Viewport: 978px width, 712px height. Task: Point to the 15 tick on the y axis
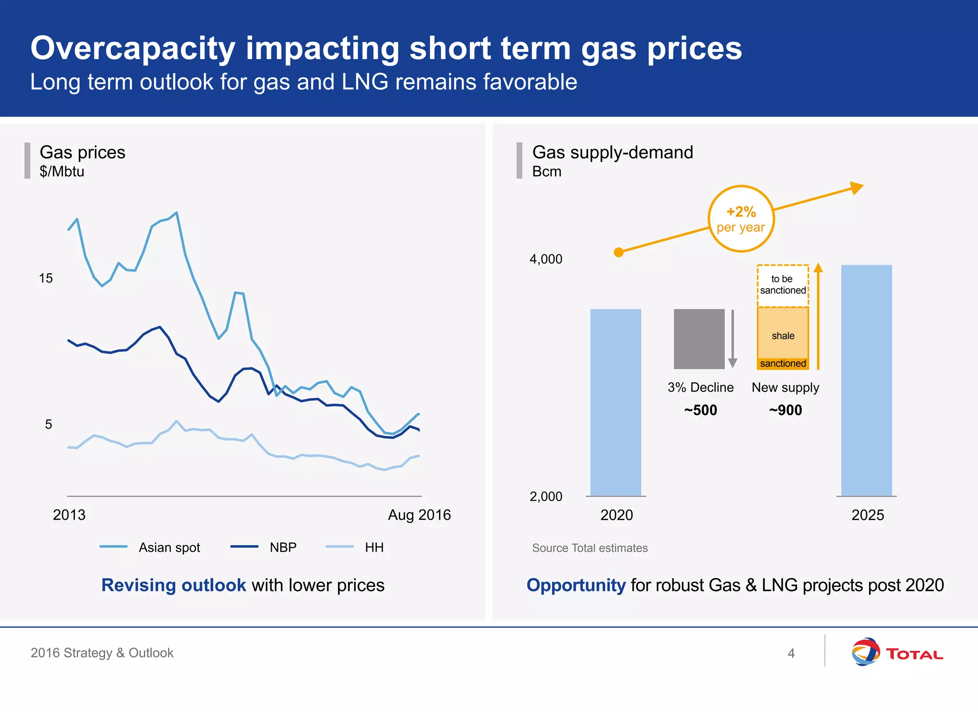[46, 278]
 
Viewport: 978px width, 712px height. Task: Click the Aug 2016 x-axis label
[419, 515]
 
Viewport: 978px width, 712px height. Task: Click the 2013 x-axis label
[69, 515]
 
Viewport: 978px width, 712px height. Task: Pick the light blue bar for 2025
[866, 380]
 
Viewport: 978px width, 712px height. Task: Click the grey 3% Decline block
[699, 339]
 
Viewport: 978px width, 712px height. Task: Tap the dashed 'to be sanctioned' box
[783, 285]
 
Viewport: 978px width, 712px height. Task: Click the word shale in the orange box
[783, 336]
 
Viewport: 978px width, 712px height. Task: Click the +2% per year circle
[741, 219]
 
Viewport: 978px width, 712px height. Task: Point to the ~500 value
[700, 410]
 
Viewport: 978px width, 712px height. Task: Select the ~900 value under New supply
[785, 410]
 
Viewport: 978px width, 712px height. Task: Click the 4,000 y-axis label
[546, 259]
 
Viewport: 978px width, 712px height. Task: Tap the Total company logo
[897, 652]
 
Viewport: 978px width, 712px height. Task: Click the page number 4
[791, 653]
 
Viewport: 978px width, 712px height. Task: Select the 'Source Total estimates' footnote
[590, 548]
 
